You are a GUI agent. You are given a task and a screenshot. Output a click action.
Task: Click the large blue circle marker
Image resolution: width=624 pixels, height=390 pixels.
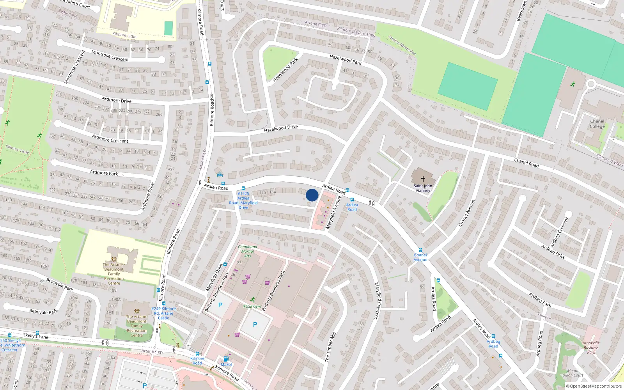tap(312, 195)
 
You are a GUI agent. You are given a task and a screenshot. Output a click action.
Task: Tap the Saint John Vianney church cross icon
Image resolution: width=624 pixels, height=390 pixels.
tap(423, 179)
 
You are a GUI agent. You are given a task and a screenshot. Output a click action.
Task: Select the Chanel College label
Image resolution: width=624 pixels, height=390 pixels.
tap(597, 124)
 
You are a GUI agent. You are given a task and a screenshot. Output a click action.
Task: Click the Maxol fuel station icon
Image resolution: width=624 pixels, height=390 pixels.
tap(226, 359)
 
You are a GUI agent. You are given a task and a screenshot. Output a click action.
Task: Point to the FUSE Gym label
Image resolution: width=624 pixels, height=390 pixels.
tap(252, 307)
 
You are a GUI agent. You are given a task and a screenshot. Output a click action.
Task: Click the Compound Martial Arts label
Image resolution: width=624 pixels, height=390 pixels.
tap(247, 251)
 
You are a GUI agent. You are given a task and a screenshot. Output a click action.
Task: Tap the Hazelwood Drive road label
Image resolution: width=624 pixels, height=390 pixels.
tap(280, 128)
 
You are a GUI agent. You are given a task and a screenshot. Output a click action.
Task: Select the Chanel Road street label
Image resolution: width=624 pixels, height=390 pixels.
tap(526, 163)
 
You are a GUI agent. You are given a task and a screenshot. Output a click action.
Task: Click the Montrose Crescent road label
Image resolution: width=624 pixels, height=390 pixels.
tap(110, 56)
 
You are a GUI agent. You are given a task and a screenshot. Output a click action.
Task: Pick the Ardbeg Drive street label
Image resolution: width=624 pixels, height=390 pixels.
tap(553, 252)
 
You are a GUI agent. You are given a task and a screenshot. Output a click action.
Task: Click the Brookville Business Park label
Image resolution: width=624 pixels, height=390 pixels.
tap(591, 347)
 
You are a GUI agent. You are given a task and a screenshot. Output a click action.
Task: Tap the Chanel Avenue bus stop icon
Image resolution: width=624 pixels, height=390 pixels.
tap(420, 250)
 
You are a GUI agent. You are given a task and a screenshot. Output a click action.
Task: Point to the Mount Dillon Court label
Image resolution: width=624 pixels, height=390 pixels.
tap(573, 373)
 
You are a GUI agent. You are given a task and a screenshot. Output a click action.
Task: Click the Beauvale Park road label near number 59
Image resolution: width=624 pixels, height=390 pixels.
tap(60, 284)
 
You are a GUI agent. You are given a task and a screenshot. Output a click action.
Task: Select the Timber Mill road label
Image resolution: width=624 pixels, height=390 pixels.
tap(330, 347)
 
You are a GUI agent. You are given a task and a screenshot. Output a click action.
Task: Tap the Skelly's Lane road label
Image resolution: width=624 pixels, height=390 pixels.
tap(35, 335)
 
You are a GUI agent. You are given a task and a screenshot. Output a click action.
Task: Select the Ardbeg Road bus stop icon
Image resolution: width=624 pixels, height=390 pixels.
tap(493, 336)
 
